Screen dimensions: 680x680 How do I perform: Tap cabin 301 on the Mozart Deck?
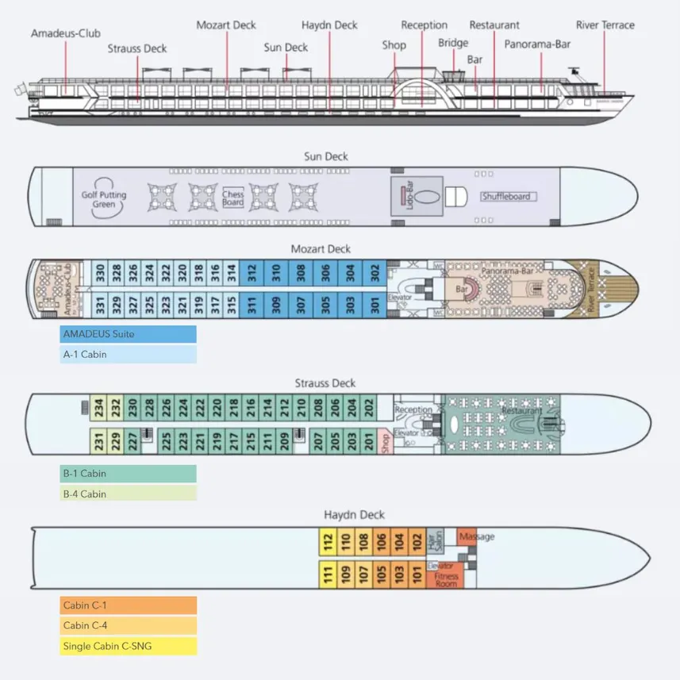pos(375,305)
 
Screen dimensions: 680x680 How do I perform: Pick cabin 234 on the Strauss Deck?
pos(99,408)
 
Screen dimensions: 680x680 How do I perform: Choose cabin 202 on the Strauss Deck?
pos(368,408)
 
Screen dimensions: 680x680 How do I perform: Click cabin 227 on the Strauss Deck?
pos(132,440)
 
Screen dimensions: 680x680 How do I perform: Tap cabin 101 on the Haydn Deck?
pos(417,573)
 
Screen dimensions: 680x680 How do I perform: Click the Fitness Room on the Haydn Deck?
pos(446,579)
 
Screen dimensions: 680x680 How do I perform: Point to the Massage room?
pos(474,537)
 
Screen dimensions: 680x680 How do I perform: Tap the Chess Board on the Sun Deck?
pos(233,198)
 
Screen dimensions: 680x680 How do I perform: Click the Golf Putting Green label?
pos(103,199)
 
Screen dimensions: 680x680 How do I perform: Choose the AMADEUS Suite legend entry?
pos(128,334)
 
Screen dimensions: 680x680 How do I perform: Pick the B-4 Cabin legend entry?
pos(128,494)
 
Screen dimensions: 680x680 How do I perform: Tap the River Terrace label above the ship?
pos(605,25)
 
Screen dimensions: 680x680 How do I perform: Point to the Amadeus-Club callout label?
pos(60,33)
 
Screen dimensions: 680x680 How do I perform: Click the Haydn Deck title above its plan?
pos(354,515)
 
